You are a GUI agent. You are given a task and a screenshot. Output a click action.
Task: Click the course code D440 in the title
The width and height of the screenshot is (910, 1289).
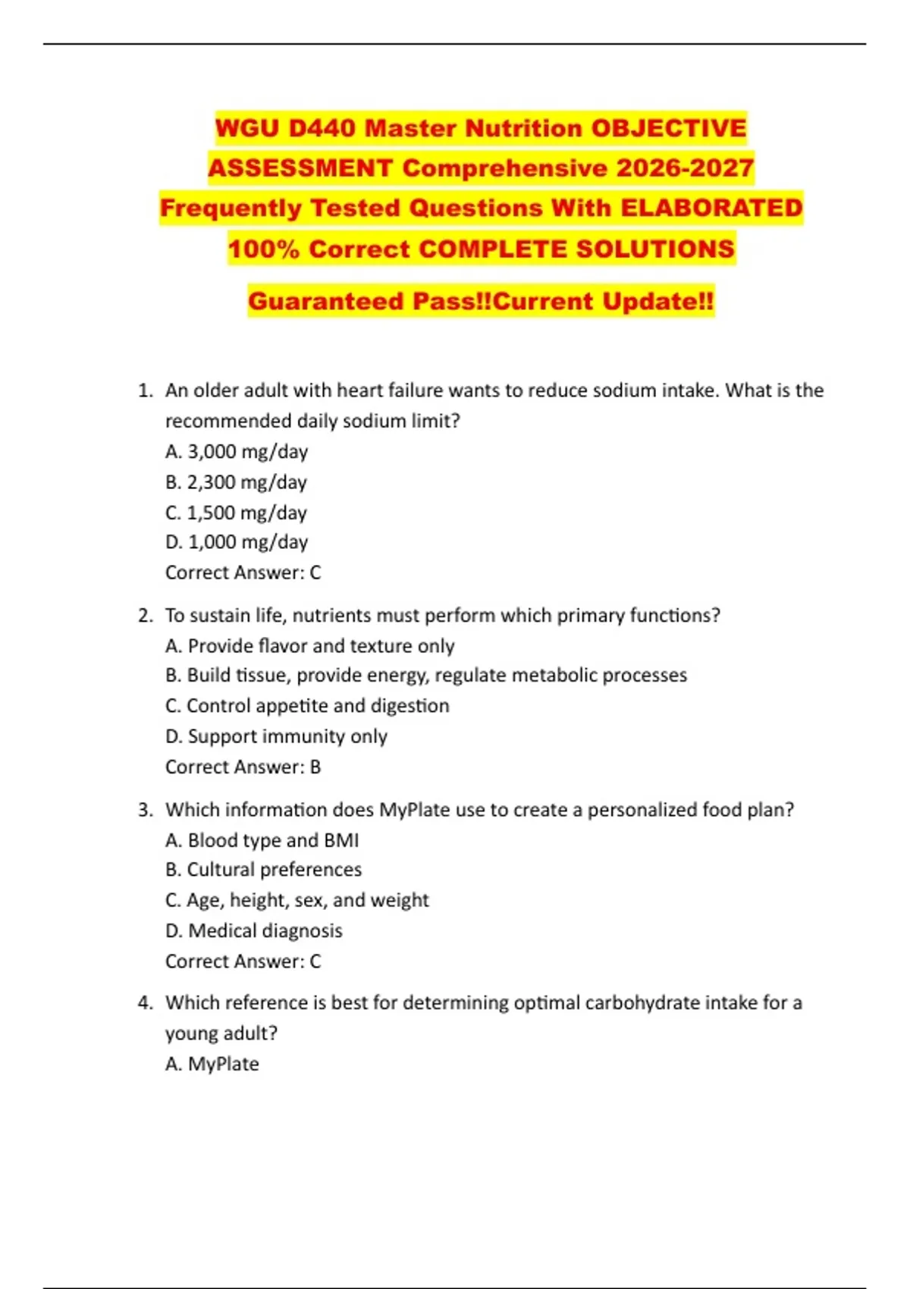(x=322, y=128)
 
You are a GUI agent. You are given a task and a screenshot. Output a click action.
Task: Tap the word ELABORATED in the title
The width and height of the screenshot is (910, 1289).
(x=711, y=208)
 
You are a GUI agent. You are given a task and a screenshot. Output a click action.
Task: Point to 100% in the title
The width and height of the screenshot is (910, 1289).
(x=264, y=249)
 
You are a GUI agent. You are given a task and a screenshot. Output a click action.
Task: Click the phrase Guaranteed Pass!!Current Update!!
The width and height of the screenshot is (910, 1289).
(x=481, y=301)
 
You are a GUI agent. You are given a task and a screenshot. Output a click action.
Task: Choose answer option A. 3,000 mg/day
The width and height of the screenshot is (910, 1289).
(x=237, y=452)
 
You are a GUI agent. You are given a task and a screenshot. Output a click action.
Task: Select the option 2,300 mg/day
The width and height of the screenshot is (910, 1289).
(x=246, y=482)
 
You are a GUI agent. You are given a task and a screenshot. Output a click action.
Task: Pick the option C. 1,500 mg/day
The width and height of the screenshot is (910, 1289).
(x=236, y=513)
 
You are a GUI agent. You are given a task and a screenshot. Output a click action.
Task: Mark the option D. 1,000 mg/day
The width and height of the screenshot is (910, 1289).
(x=237, y=542)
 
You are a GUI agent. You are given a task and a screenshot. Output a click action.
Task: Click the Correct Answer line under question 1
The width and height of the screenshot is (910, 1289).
(x=243, y=572)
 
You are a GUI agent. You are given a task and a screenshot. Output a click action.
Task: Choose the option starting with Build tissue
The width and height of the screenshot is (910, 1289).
(x=426, y=676)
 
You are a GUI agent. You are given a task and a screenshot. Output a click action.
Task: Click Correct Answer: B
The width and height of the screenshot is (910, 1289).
(x=243, y=767)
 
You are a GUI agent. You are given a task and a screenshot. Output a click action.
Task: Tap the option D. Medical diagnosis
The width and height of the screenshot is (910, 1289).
(x=253, y=930)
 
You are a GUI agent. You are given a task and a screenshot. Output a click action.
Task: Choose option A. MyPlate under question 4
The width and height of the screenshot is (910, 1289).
(x=212, y=1064)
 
